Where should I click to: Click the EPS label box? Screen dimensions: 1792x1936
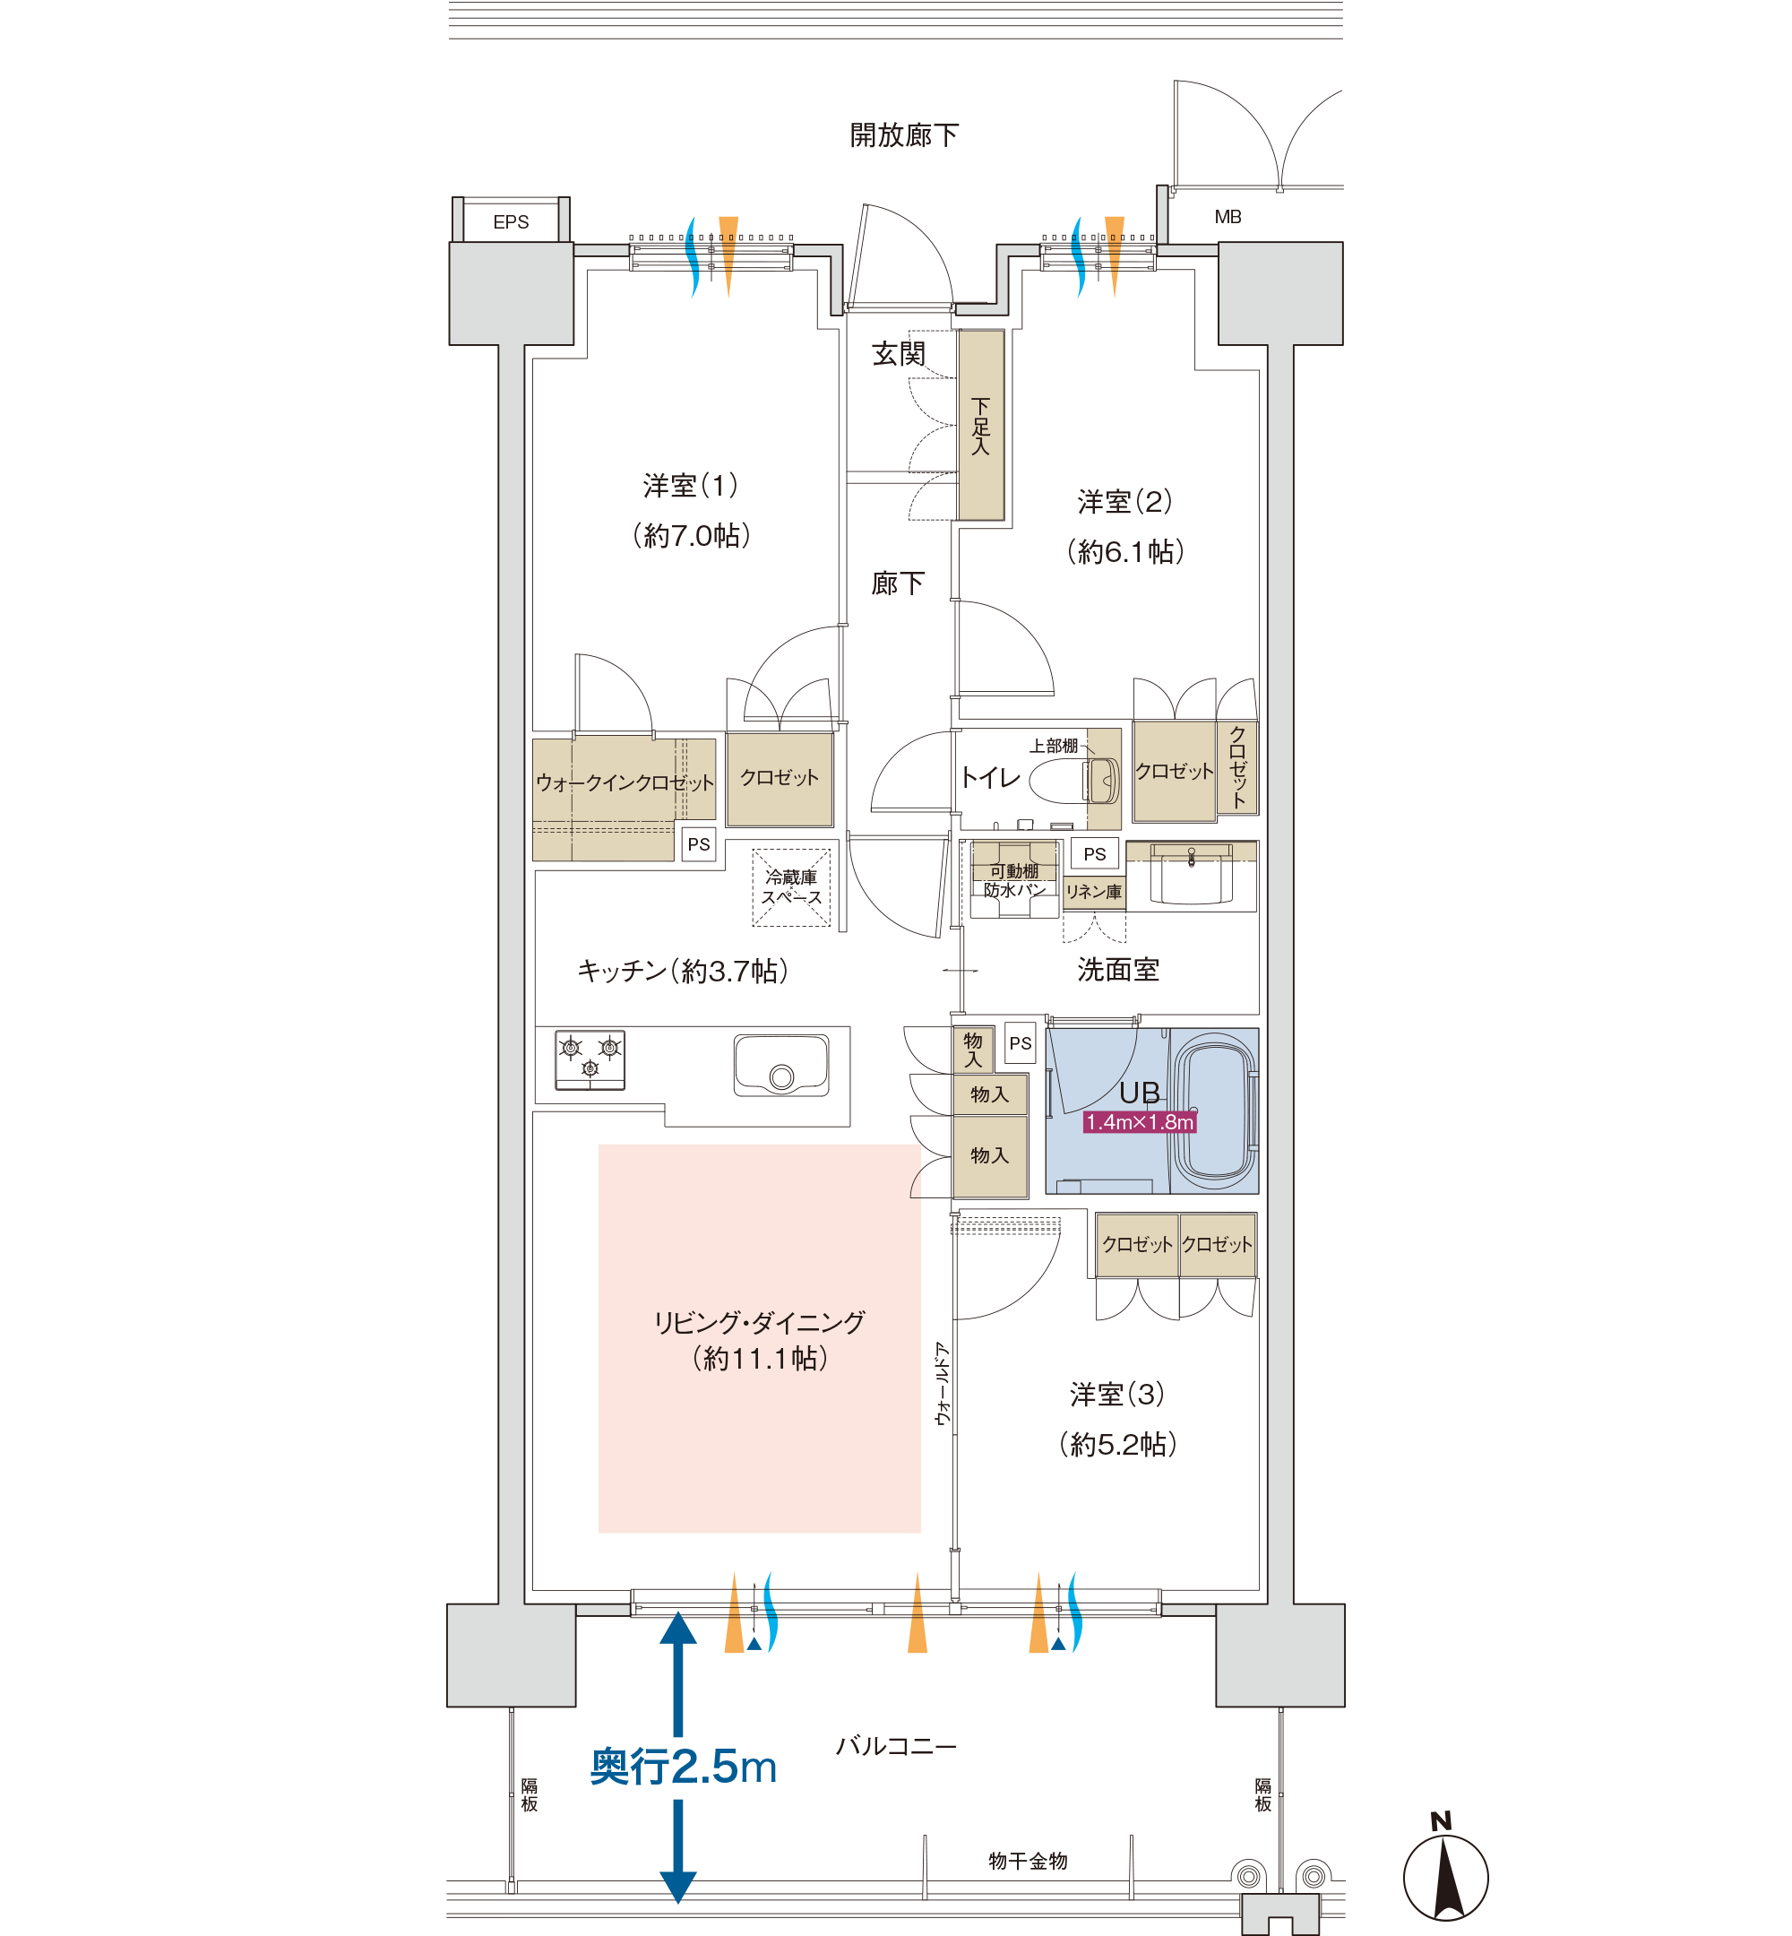click(511, 221)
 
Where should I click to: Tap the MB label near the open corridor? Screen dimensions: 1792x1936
click(1228, 217)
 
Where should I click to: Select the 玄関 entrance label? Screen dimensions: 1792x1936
click(898, 354)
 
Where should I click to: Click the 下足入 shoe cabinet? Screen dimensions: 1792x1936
click(981, 425)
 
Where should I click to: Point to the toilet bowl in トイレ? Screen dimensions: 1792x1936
click(1074, 781)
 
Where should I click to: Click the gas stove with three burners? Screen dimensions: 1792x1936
click(590, 1060)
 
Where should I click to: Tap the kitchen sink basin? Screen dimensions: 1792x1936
click(781, 1065)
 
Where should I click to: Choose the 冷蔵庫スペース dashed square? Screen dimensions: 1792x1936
click(791, 887)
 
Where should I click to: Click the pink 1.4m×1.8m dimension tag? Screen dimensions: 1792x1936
click(1140, 1122)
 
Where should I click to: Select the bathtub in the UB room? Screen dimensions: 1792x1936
click(1214, 1111)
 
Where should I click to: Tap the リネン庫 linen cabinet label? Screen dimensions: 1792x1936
click(1094, 892)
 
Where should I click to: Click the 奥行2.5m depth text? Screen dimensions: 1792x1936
click(684, 1767)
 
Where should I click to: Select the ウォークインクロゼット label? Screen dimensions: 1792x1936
click(625, 782)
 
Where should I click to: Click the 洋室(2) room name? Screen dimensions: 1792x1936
click(1124, 501)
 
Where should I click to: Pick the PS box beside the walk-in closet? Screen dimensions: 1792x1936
click(698, 843)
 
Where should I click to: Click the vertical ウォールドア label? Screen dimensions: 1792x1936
click(942, 1384)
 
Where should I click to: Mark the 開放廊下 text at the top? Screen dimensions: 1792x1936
click(904, 134)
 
